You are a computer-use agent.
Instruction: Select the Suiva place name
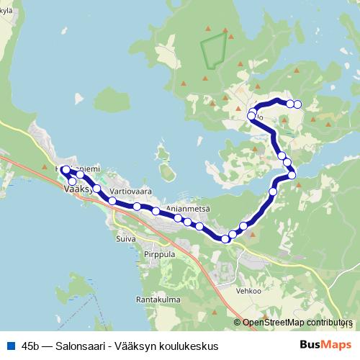tap(125, 236)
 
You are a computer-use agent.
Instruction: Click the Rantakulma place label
tap(157, 299)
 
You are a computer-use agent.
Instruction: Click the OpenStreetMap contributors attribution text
tap(296, 323)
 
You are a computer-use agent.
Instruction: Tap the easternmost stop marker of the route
tap(297, 105)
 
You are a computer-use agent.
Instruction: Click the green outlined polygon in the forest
tap(213, 50)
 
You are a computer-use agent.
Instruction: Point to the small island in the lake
tap(168, 172)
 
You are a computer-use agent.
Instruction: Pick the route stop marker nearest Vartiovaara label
tap(112, 201)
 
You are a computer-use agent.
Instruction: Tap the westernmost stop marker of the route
tap(66, 170)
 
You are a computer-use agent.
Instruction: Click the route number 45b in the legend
tap(32, 346)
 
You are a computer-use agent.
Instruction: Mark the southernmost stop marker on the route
tap(225, 239)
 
